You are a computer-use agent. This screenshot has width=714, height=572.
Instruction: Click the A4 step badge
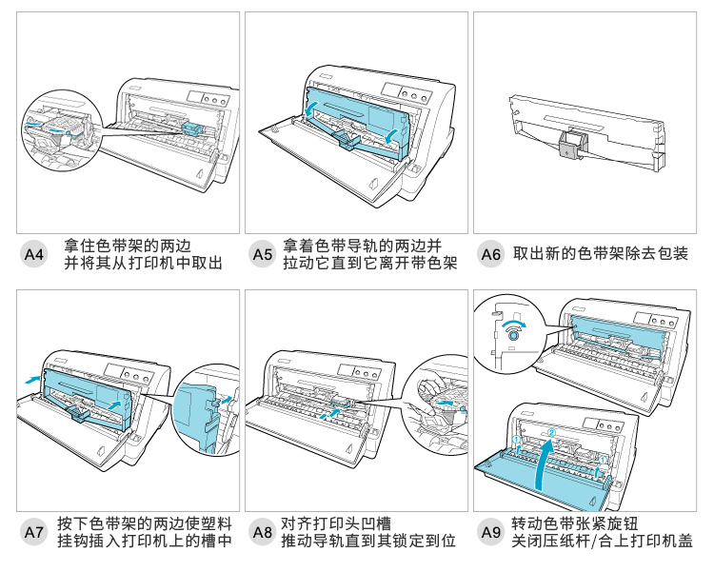(33, 254)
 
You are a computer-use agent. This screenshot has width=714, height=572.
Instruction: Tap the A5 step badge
(262, 254)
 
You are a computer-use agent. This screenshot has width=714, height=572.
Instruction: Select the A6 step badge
(490, 254)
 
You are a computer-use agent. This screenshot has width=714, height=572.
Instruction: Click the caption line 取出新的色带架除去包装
(600, 254)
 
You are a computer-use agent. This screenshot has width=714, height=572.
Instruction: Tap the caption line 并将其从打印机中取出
(143, 264)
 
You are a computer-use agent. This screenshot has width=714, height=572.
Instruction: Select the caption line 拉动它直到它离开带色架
(369, 264)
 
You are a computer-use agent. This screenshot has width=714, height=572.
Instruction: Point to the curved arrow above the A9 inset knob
(513, 322)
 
